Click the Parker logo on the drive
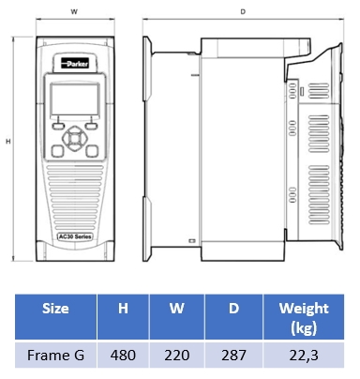(x=75, y=64)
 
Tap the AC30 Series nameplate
(x=75, y=236)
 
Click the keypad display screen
(x=75, y=99)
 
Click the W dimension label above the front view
(x=74, y=12)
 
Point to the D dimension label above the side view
(x=243, y=12)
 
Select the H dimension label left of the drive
(x=8, y=142)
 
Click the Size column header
(x=55, y=309)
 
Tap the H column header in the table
(x=123, y=309)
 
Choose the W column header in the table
(x=177, y=309)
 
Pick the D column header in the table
(x=233, y=309)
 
